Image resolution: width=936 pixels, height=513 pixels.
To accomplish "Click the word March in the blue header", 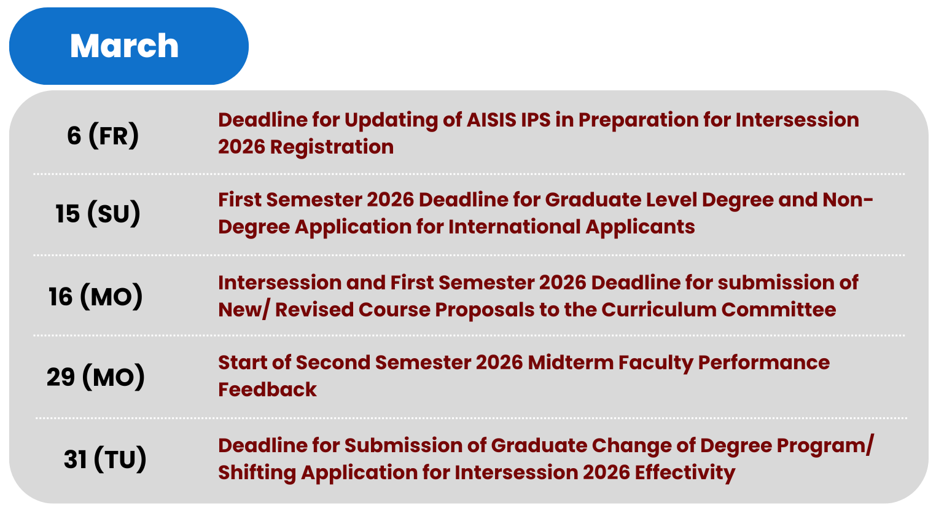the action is pyautogui.click(x=124, y=45).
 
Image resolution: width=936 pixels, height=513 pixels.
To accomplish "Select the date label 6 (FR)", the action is pyautogui.click(x=103, y=135).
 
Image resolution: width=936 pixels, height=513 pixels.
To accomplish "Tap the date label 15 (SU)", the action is pyautogui.click(x=98, y=213).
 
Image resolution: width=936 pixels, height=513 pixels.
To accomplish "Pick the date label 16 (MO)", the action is pyautogui.click(x=96, y=296).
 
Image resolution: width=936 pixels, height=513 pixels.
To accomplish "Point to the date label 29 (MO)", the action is pyautogui.click(x=96, y=377).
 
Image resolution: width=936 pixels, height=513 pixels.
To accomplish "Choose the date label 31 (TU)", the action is pyautogui.click(x=105, y=459).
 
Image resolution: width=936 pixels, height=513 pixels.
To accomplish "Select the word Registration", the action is pyautogui.click(x=332, y=147).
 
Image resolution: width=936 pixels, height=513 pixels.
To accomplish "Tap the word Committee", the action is pyautogui.click(x=779, y=310).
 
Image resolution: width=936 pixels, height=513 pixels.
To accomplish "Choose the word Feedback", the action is pyautogui.click(x=267, y=390).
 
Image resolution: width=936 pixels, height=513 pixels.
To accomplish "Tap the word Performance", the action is pyautogui.click(x=764, y=362).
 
